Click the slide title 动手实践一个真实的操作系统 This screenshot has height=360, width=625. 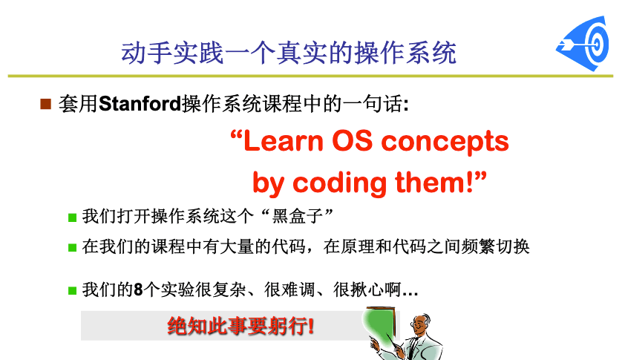pos(289,53)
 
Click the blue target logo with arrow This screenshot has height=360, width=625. pos(583,44)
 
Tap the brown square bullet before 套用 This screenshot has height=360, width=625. pos(46,104)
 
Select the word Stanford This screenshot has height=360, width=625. pos(140,104)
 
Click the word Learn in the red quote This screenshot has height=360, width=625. pos(283,141)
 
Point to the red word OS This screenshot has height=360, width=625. pos(352,141)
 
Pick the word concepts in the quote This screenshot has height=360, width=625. pos(445,143)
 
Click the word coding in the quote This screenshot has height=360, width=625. pos(340,184)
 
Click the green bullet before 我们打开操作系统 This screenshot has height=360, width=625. pos(72,217)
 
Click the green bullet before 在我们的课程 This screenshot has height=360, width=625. pos(72,248)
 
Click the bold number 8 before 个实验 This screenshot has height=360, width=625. pos(138,289)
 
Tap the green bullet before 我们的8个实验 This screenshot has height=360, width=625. pos(72,291)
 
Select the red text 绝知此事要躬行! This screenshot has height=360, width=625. pos(240,326)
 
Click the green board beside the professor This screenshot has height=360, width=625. pos(379,325)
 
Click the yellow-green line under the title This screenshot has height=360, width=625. pos(310,76)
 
